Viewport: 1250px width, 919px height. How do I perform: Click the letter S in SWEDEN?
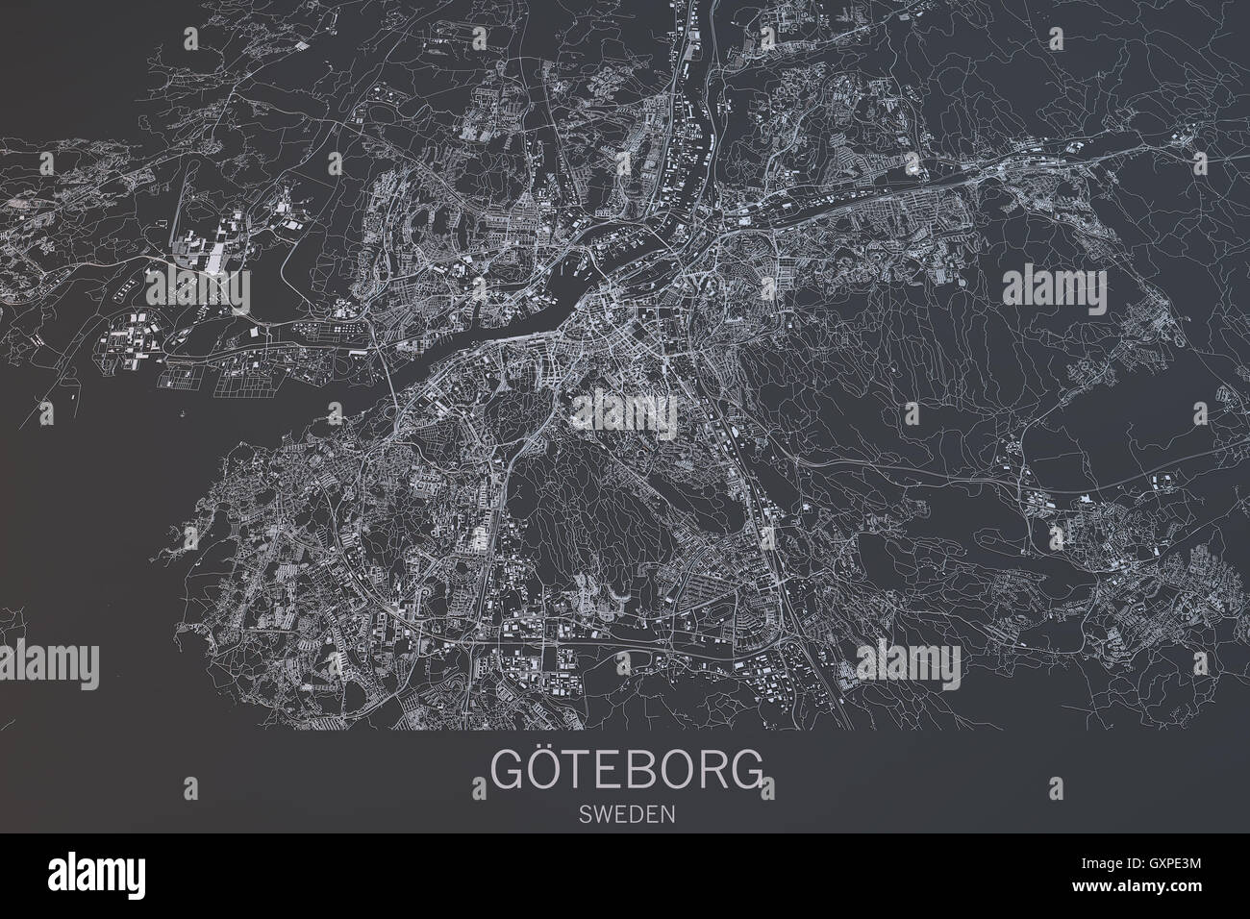coord(585,813)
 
